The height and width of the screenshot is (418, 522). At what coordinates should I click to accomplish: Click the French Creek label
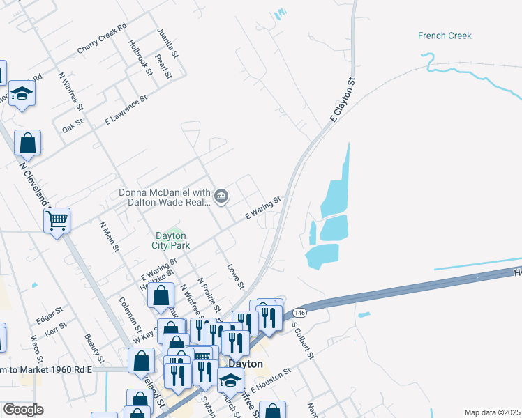point(445,36)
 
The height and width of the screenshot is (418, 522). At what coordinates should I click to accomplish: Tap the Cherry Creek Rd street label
point(102,38)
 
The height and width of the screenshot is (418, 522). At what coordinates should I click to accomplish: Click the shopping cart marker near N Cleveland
point(57,221)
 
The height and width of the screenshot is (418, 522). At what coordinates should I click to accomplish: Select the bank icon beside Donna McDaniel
point(221,197)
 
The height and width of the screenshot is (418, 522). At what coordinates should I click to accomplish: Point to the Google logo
point(23,410)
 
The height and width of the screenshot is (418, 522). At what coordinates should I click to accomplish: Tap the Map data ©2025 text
point(492,412)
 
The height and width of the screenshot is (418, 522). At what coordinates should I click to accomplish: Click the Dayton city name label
point(246,364)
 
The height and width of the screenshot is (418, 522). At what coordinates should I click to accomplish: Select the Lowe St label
point(235,276)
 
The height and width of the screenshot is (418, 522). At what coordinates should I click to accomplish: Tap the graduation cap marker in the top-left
point(22,94)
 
